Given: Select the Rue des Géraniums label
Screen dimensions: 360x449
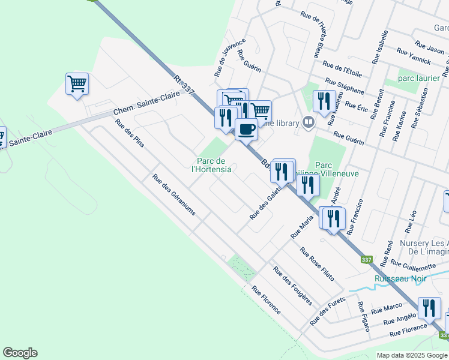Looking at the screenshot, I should (173, 194).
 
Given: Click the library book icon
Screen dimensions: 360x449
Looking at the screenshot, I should (308, 122).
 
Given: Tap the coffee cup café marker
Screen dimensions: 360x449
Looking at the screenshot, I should (246, 128).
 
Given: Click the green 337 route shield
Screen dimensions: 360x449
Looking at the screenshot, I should (366, 260).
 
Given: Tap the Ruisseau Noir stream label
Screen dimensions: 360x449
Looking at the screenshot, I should (399, 278).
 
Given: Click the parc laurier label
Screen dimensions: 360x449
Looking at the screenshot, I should (419, 78).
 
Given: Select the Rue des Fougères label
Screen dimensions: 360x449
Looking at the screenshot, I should (292, 286).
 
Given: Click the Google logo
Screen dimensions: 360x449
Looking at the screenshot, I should (20, 353).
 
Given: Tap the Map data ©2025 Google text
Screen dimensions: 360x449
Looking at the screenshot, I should (412, 355).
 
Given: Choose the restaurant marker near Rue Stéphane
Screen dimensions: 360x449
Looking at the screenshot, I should (324, 100).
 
